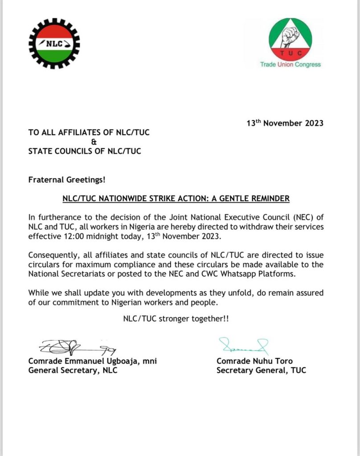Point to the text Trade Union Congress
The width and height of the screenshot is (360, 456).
click(x=290, y=65)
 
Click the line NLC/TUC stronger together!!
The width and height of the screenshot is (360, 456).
click(x=176, y=319)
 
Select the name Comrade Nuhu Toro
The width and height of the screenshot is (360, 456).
click(x=254, y=361)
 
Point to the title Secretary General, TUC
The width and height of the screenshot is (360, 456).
click(x=262, y=370)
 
